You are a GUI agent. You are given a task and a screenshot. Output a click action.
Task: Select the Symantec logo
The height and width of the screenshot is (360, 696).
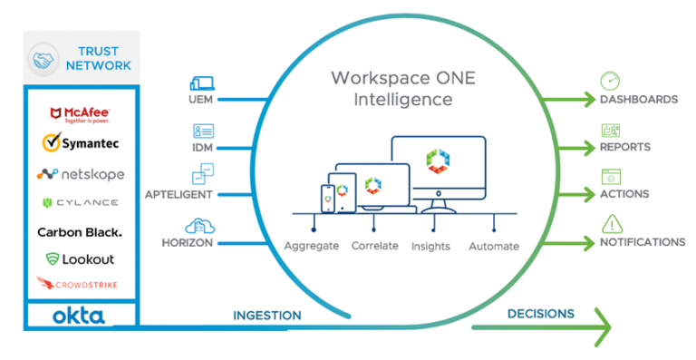pyautogui.click(x=81, y=143)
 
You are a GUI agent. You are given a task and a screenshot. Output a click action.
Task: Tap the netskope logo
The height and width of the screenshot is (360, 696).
pyautogui.click(x=81, y=173)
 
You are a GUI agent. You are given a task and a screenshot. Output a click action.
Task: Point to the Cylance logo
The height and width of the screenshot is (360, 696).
pyautogui.click(x=81, y=202)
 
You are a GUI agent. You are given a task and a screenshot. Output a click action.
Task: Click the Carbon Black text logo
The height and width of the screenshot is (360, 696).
pyautogui.click(x=80, y=232)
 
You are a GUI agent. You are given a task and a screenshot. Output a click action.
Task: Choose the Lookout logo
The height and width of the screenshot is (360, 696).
pyautogui.click(x=80, y=259)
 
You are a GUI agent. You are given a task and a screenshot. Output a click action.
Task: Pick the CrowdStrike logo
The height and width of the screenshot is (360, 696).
pyautogui.click(x=80, y=285)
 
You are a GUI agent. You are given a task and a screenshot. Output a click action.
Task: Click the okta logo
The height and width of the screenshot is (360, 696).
pyautogui.click(x=79, y=316)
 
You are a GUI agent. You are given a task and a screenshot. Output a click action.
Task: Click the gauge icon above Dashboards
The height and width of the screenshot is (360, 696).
pyautogui.click(x=610, y=80)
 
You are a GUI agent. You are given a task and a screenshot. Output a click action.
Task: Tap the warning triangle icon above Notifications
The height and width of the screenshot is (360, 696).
pyautogui.click(x=611, y=223)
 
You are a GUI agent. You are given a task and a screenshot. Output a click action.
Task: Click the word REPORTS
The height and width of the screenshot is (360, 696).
pyautogui.click(x=624, y=147)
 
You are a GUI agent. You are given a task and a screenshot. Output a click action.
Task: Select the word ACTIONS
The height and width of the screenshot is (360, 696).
pyautogui.click(x=623, y=194)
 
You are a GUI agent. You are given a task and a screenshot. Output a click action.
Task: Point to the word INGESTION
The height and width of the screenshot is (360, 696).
pyautogui.click(x=267, y=315)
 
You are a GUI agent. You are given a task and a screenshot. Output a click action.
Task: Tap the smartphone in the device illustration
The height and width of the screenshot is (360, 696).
pyautogui.click(x=329, y=199)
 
